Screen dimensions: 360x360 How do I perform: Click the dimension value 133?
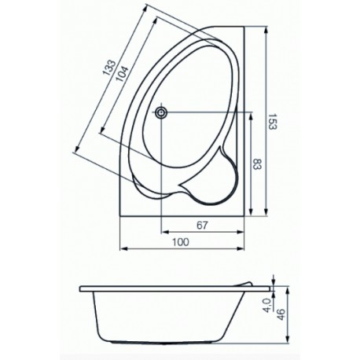[108, 68]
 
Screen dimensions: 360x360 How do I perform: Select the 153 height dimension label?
[273, 122]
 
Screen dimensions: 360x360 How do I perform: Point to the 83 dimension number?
[257, 164]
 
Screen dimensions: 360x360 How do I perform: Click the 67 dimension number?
[202, 225]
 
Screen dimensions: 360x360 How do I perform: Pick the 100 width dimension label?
[181, 242]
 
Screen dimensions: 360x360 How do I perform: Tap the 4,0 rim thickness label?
[267, 305]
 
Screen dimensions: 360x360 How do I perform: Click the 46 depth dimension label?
[281, 314]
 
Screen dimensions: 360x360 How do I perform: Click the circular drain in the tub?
[160, 112]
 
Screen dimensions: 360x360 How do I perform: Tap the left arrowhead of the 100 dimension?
[123, 248]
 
